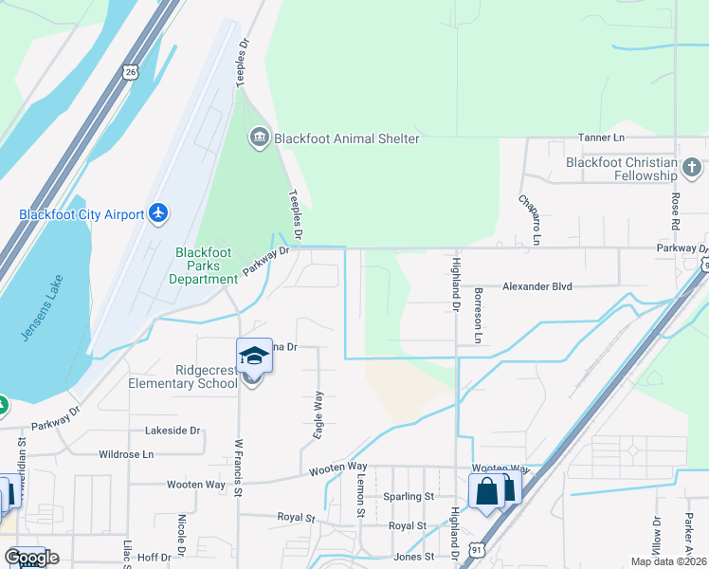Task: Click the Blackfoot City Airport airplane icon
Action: click(158, 213)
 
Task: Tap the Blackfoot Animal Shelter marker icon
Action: click(259, 138)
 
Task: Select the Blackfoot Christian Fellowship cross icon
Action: click(691, 169)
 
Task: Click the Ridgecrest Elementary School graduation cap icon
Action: click(254, 356)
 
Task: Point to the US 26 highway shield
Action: click(131, 71)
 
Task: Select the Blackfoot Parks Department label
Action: click(207, 266)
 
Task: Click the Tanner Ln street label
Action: click(603, 138)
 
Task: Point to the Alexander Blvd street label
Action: click(537, 285)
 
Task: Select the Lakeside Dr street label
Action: click(173, 431)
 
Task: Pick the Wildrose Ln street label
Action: click(126, 454)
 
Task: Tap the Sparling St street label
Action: click(408, 496)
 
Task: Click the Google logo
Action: click(31, 558)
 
